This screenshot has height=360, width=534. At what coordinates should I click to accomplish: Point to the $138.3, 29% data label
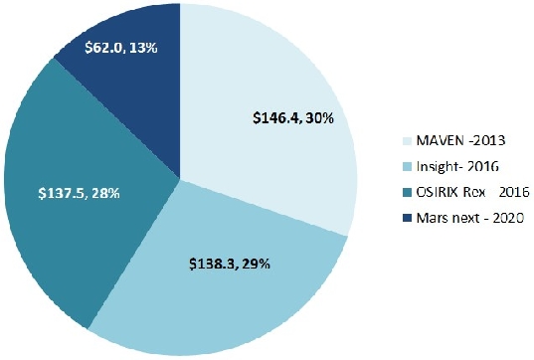[x=229, y=265]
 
